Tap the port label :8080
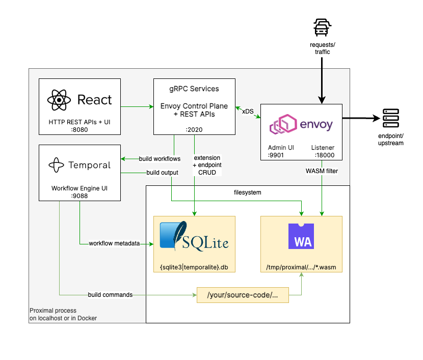click(80, 129)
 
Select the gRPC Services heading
click(194, 89)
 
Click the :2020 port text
click(194, 129)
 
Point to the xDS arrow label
click(248, 112)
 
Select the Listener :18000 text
click(323, 151)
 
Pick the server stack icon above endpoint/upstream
click(391, 119)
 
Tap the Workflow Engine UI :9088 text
click(80, 192)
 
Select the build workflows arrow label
click(160, 159)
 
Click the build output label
click(162, 173)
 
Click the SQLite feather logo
click(172, 236)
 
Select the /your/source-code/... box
click(243, 295)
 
